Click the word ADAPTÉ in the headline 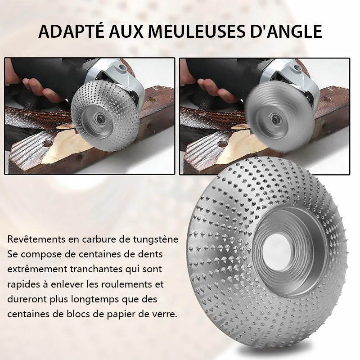click(x=72, y=31)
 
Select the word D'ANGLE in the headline click(x=286, y=31)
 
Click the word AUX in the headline click(x=126, y=31)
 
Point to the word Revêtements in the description click(x=36, y=239)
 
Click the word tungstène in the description click(x=156, y=240)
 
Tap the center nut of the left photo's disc click(x=100, y=119)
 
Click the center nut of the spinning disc click(x=275, y=119)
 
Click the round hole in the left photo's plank click(x=47, y=144)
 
